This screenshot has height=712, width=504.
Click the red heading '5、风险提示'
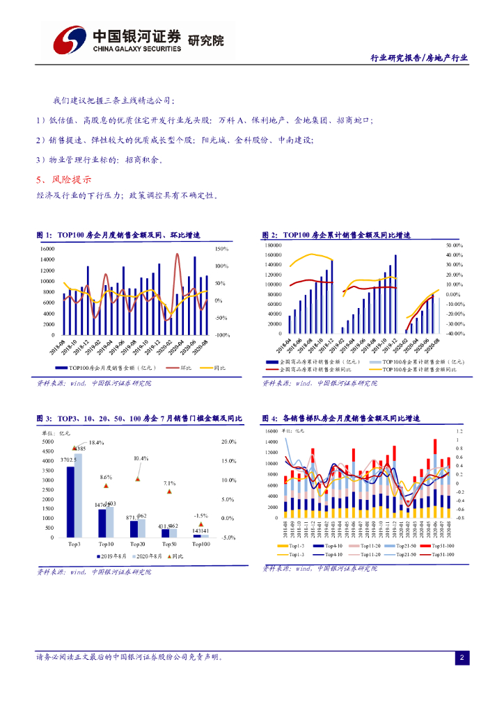point(63,180)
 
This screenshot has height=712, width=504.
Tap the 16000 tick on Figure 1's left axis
point(47,249)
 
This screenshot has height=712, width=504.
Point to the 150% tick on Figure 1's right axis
point(222,249)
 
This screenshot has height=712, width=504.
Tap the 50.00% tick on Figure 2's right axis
point(453,245)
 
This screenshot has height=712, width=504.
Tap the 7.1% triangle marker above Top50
point(169,491)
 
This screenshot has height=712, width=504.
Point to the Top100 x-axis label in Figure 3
point(201,544)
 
